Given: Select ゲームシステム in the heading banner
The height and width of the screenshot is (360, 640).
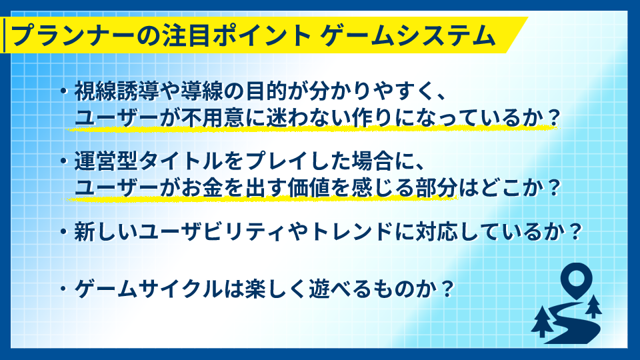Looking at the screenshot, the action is coord(407,35).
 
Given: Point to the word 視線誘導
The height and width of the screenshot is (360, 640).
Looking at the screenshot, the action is coord(116,91).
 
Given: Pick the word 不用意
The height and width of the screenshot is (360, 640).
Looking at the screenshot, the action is coord(212,118).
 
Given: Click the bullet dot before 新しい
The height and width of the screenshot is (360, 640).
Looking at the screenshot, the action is coord(63,232).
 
